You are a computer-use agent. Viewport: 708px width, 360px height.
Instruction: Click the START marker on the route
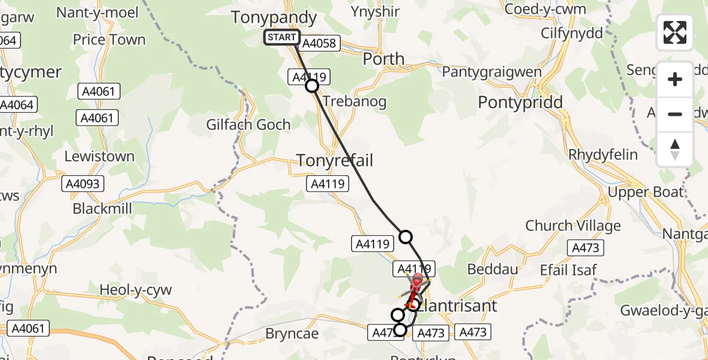pyautogui.click(x=281, y=37)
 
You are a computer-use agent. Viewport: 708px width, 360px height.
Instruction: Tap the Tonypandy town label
pyautogui.click(x=274, y=17)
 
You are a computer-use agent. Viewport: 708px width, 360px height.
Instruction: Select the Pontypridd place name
pyautogui.click(x=520, y=102)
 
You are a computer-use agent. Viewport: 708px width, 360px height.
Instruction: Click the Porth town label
pyautogui.click(x=383, y=59)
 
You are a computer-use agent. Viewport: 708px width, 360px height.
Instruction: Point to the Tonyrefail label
pyautogui.click(x=335, y=160)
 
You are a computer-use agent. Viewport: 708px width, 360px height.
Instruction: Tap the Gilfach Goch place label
pyautogui.click(x=248, y=125)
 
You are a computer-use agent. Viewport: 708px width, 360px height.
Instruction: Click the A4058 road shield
pyautogui.click(x=320, y=43)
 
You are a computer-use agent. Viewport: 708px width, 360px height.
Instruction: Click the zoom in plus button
pyautogui.click(x=675, y=79)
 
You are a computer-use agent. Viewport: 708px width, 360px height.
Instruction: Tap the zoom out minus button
pyautogui.click(x=675, y=114)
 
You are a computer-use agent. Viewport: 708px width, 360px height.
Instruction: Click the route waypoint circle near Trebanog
pyautogui.click(x=312, y=86)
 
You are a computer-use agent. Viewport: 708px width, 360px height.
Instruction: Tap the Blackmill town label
pyautogui.click(x=103, y=208)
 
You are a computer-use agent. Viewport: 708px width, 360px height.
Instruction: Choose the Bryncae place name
pyautogui.click(x=292, y=332)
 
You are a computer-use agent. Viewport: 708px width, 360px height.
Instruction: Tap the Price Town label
pyautogui.click(x=109, y=40)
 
